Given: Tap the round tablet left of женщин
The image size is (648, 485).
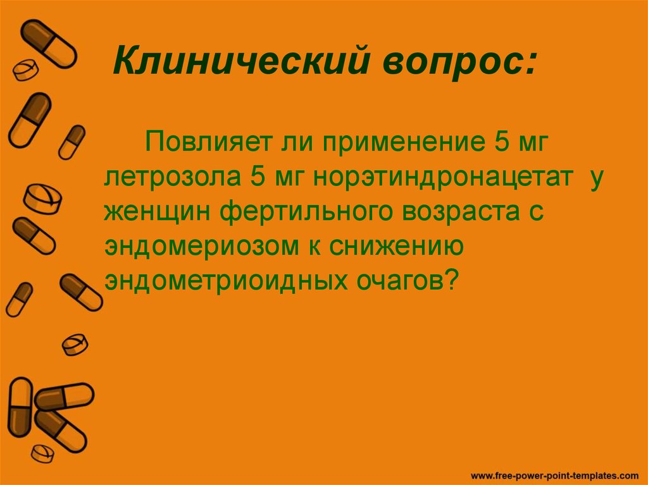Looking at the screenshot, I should tap(43, 199).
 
